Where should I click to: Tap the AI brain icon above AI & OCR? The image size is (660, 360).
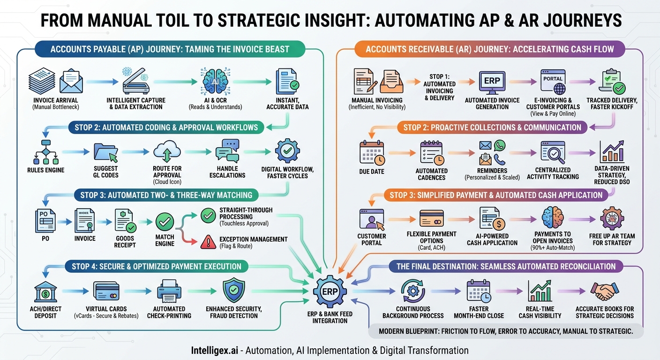215,82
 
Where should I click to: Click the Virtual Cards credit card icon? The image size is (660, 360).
106,291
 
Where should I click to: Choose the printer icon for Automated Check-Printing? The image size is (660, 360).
169,291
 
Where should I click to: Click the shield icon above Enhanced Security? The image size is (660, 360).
233,291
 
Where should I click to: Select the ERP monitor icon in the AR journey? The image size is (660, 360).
492,82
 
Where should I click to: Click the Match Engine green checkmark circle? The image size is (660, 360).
165,221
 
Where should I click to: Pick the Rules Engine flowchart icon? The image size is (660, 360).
46,152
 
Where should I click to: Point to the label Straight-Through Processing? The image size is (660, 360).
246,213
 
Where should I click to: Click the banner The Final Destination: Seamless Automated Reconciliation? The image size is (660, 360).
506,266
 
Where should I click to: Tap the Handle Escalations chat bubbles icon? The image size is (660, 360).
227,151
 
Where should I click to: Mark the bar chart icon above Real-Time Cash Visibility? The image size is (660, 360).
540,292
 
